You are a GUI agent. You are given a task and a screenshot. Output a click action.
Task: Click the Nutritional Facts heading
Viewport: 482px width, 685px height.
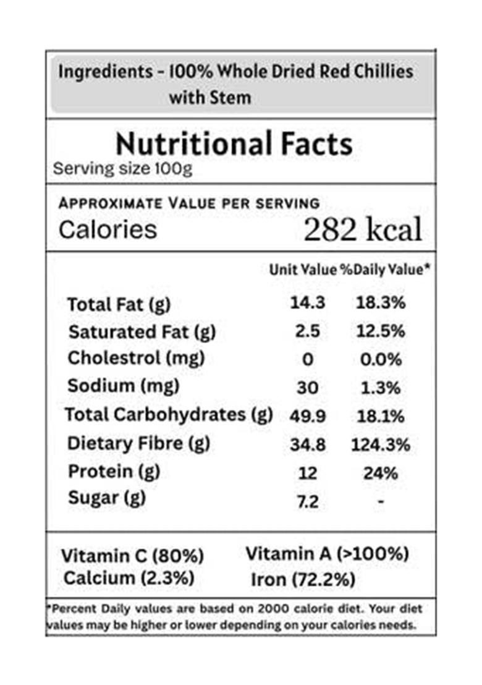[234, 144]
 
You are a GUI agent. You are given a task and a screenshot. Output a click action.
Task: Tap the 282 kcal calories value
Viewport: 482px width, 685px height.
[363, 230]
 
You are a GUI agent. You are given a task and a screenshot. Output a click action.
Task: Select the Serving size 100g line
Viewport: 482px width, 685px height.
[122, 169]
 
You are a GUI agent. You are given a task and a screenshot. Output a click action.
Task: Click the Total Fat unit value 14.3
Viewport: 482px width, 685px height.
[308, 303]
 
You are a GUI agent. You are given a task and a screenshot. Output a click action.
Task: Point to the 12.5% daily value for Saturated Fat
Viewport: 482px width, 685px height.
[381, 331]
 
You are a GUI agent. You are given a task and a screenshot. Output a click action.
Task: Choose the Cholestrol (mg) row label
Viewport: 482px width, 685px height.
[136, 358]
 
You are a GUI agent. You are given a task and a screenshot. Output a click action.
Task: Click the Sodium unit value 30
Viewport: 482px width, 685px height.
[308, 388]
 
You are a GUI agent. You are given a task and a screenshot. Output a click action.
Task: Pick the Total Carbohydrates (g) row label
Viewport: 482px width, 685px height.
[169, 415]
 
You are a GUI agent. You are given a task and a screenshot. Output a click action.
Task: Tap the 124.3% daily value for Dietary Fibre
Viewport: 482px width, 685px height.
[381, 445]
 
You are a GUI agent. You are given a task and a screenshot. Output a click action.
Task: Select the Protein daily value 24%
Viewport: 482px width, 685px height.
[381, 473]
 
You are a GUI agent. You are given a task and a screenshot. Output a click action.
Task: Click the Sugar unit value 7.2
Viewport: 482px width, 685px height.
[308, 501]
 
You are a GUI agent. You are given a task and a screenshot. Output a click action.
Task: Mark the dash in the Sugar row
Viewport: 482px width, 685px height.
[381, 502]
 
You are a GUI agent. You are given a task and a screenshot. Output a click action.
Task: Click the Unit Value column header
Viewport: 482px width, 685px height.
[303, 270]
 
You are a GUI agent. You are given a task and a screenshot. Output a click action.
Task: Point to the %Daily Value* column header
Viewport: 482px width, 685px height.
[383, 270]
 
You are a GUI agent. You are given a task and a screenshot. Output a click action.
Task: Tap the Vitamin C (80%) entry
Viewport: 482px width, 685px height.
[132, 556]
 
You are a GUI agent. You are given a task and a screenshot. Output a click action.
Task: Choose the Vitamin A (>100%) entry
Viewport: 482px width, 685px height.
[328, 553]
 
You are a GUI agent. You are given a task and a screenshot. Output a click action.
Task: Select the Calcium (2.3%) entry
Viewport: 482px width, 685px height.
[129, 579]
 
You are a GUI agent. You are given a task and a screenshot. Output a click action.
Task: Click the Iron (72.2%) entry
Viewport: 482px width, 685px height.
[303, 579]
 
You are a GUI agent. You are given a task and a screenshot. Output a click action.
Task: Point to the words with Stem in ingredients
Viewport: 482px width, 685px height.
[210, 97]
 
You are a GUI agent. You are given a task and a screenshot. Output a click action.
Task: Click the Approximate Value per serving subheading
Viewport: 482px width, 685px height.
[189, 203]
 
